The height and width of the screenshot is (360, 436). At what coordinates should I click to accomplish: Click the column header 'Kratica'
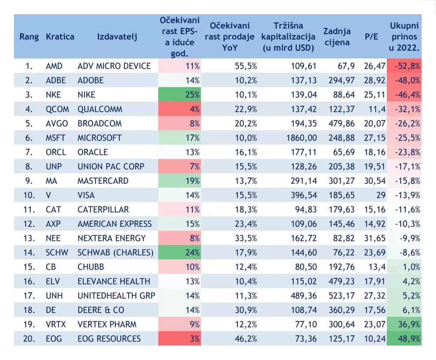pos(60,37)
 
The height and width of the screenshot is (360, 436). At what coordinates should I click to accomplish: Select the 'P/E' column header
pos(371,37)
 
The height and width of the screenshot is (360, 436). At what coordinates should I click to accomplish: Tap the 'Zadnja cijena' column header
pos(337,37)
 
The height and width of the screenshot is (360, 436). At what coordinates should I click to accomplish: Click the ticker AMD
pos(54,66)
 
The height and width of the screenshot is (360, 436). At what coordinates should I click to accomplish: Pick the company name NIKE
pos(86,94)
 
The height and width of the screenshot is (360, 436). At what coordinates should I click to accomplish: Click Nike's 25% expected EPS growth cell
pos(179,94)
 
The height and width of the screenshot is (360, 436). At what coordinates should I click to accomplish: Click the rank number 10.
pos(29,195)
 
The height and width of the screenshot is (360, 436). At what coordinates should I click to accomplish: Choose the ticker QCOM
pos(57,109)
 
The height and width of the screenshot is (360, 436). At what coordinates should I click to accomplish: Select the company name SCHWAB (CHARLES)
pos(115,252)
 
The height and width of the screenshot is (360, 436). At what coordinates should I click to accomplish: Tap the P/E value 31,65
pos(375,238)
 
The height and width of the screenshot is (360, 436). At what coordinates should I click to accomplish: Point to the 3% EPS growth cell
pos(179,339)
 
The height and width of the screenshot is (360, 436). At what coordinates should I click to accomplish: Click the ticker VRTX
pos(56,324)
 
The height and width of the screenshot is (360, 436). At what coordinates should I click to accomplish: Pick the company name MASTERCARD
pos(103,181)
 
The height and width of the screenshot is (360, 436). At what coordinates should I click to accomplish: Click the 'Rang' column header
pos(29,37)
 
